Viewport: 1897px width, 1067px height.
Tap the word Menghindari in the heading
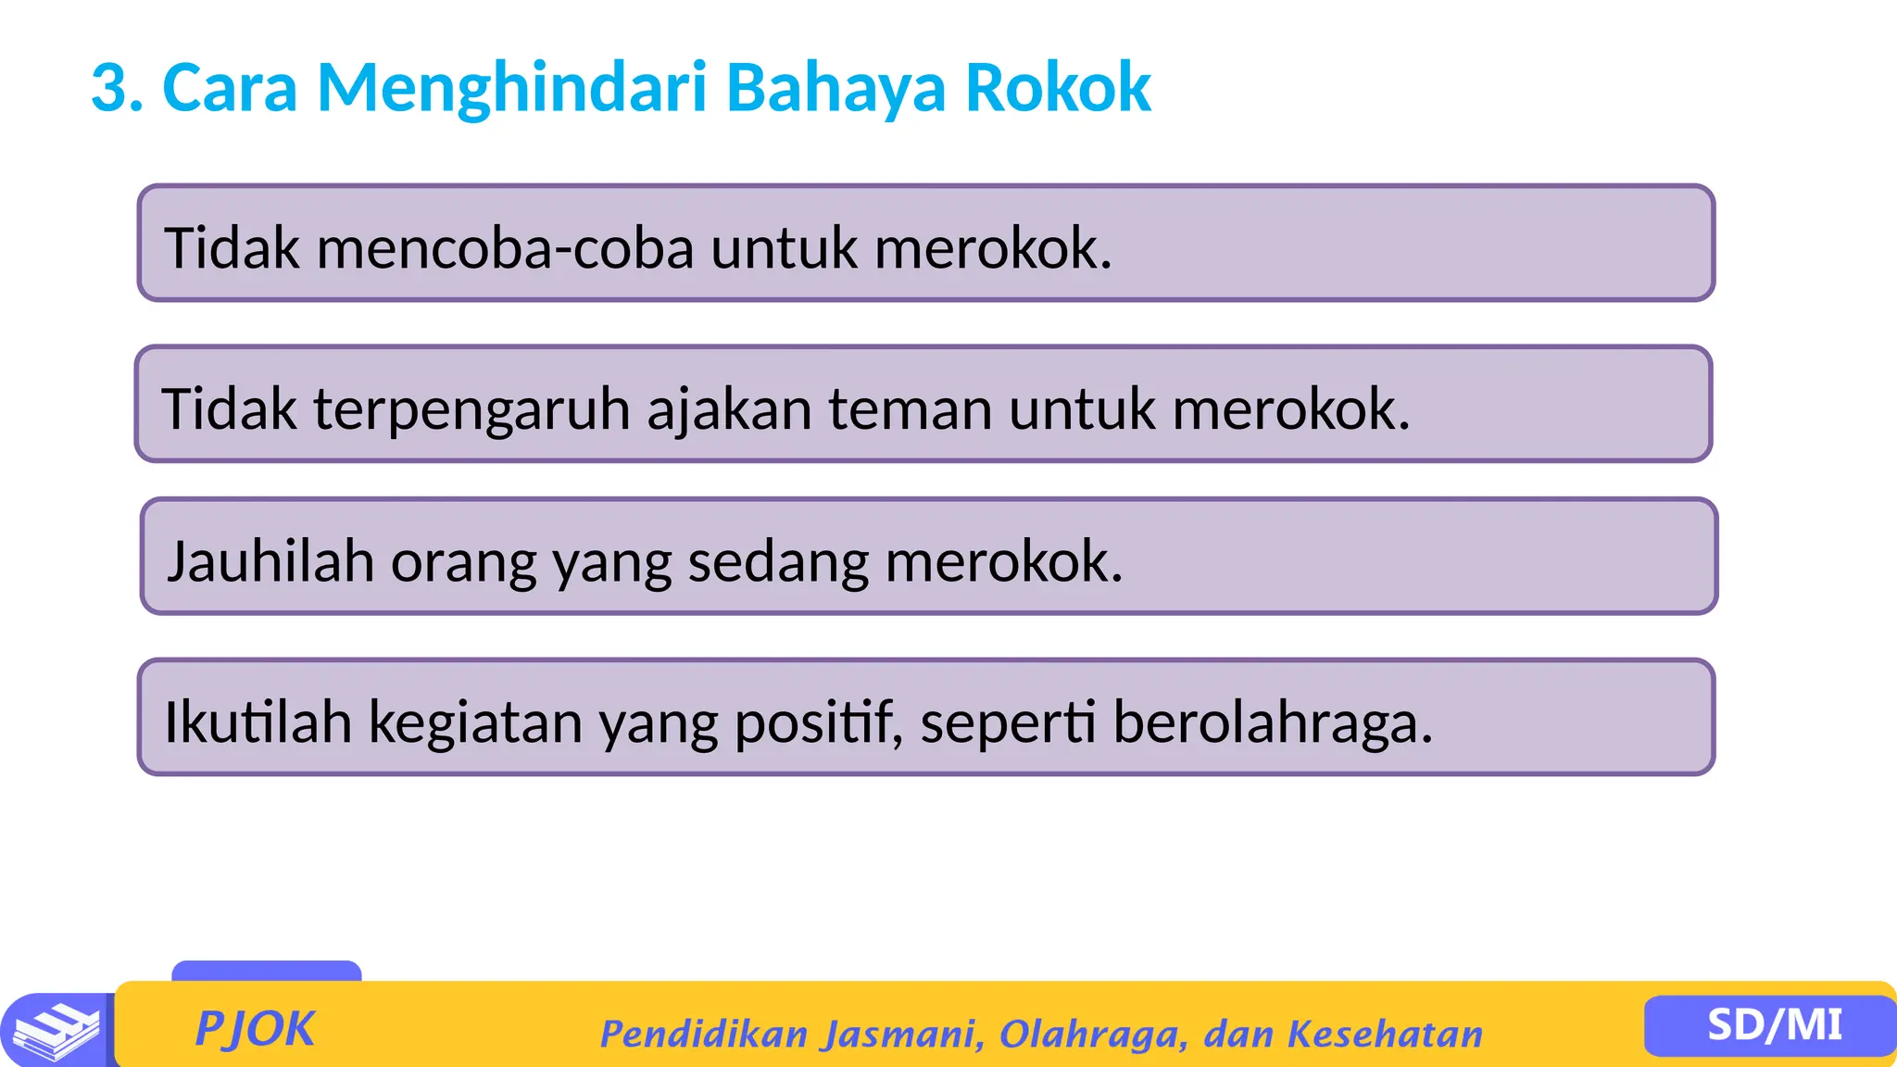click(511, 88)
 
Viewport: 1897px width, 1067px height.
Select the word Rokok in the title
click(1058, 88)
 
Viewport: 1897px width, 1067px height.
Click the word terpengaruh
click(471, 409)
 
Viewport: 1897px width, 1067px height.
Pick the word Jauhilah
click(270, 561)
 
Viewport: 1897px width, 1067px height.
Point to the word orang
click(464, 563)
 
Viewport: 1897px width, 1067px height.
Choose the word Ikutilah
click(258, 722)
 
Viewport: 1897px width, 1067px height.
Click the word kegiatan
click(476, 722)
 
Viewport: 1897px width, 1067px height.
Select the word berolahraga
click(1271, 722)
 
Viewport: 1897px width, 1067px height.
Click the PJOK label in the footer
click(255, 1029)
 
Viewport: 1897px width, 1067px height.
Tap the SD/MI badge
click(1774, 1025)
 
